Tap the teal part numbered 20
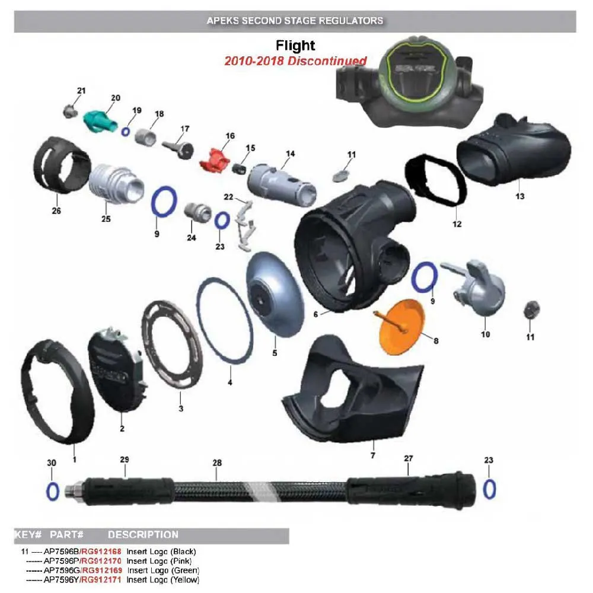100,122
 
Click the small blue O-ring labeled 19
126,132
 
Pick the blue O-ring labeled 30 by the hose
53,492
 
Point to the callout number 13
520,196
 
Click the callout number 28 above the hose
217,463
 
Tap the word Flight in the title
295,46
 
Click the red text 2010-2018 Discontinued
295,61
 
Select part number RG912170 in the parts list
102,561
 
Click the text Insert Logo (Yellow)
162,580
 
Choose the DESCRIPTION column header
143,535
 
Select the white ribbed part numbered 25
116,184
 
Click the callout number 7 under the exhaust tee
373,455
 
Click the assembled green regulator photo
410,82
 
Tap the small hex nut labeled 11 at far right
531,310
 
